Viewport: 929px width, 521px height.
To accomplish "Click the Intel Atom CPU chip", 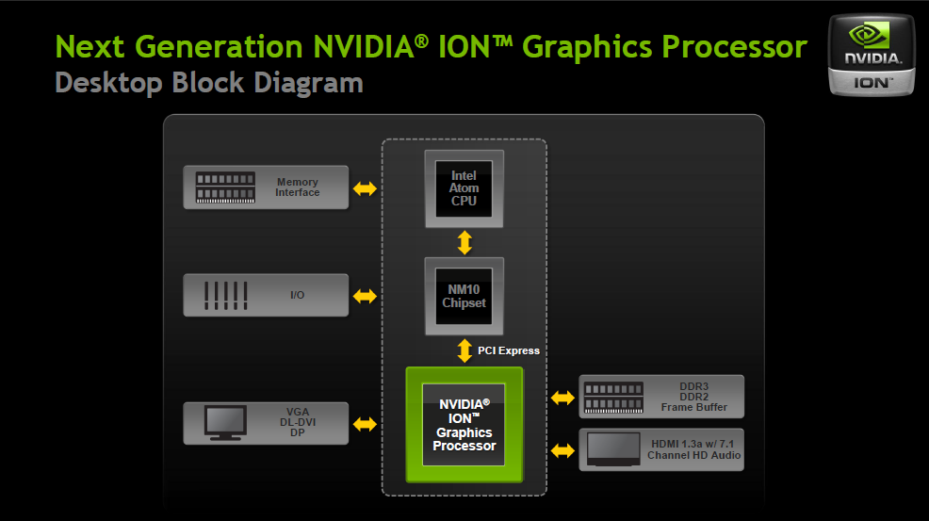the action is (464, 188).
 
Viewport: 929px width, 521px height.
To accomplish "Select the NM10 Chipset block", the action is (464, 296).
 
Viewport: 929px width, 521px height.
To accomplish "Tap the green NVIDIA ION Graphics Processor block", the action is (464, 424).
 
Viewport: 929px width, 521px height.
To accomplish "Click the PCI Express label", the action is (509, 350).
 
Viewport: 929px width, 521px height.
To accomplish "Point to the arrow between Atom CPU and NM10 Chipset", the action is (464, 242).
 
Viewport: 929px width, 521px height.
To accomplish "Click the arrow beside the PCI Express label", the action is (464, 350).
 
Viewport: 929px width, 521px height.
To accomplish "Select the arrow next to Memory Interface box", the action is (365, 189).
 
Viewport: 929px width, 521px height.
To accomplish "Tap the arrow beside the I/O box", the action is (365, 297).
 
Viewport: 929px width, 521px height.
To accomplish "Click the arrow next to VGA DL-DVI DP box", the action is (365, 424).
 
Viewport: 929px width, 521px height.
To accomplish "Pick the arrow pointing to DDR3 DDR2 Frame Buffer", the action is (562, 398).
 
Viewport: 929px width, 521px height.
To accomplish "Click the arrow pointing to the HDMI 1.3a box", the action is (562, 451).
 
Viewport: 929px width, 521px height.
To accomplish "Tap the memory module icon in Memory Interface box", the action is (226, 187).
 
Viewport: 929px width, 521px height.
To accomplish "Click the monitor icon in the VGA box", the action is (226, 423).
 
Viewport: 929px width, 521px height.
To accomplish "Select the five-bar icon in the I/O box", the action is (226, 295).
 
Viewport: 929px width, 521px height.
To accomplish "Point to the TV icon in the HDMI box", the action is (613, 450).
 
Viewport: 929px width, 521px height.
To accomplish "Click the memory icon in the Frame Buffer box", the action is (613, 398).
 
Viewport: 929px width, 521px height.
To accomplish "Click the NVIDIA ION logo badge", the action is (872, 56).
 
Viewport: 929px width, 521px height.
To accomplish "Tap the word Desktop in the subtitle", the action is (108, 83).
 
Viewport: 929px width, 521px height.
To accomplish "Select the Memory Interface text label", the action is (298, 187).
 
